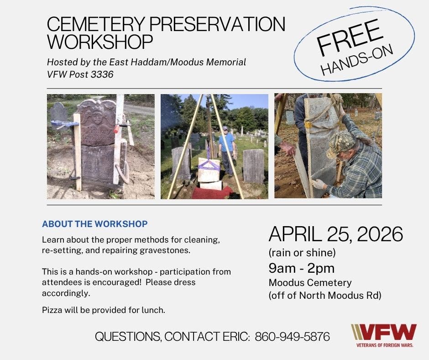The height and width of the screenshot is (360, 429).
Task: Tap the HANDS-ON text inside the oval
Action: (x=357, y=60)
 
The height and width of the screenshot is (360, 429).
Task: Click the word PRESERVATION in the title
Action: (x=217, y=24)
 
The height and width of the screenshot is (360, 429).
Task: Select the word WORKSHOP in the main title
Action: (x=100, y=42)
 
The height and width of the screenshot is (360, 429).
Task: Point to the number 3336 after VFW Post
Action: (x=102, y=74)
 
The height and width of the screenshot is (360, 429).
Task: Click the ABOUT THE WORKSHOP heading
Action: (x=94, y=224)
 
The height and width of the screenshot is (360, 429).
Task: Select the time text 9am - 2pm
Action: (x=302, y=268)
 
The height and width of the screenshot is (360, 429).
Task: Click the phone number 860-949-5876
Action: (x=292, y=337)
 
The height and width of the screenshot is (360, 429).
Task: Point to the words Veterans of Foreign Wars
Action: (x=385, y=345)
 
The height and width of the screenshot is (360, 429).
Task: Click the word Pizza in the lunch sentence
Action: (x=52, y=310)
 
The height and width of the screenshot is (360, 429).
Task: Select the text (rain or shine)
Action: (x=302, y=253)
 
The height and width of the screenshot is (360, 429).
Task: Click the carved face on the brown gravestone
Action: (x=96, y=117)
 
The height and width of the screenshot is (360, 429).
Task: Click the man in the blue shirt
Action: (x=226, y=151)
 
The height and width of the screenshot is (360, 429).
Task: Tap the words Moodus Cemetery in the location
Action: (x=310, y=282)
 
